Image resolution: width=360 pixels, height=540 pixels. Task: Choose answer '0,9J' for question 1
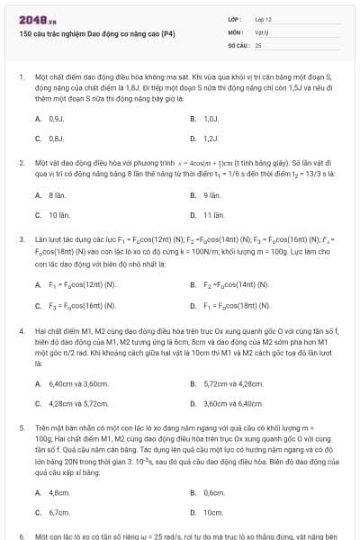(x=56, y=118)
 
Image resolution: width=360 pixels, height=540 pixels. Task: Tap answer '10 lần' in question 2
(x=59, y=215)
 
